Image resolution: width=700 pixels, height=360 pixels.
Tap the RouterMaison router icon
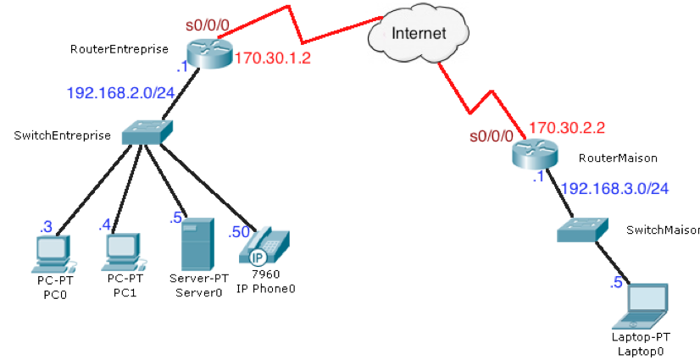pyautogui.click(x=536, y=154)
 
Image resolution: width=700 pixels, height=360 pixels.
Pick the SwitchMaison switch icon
pyautogui.click(x=584, y=228)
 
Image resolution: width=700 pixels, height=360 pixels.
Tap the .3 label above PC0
pyautogui.click(x=46, y=226)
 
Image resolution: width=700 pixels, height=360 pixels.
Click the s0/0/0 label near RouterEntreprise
pyautogui.click(x=208, y=25)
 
